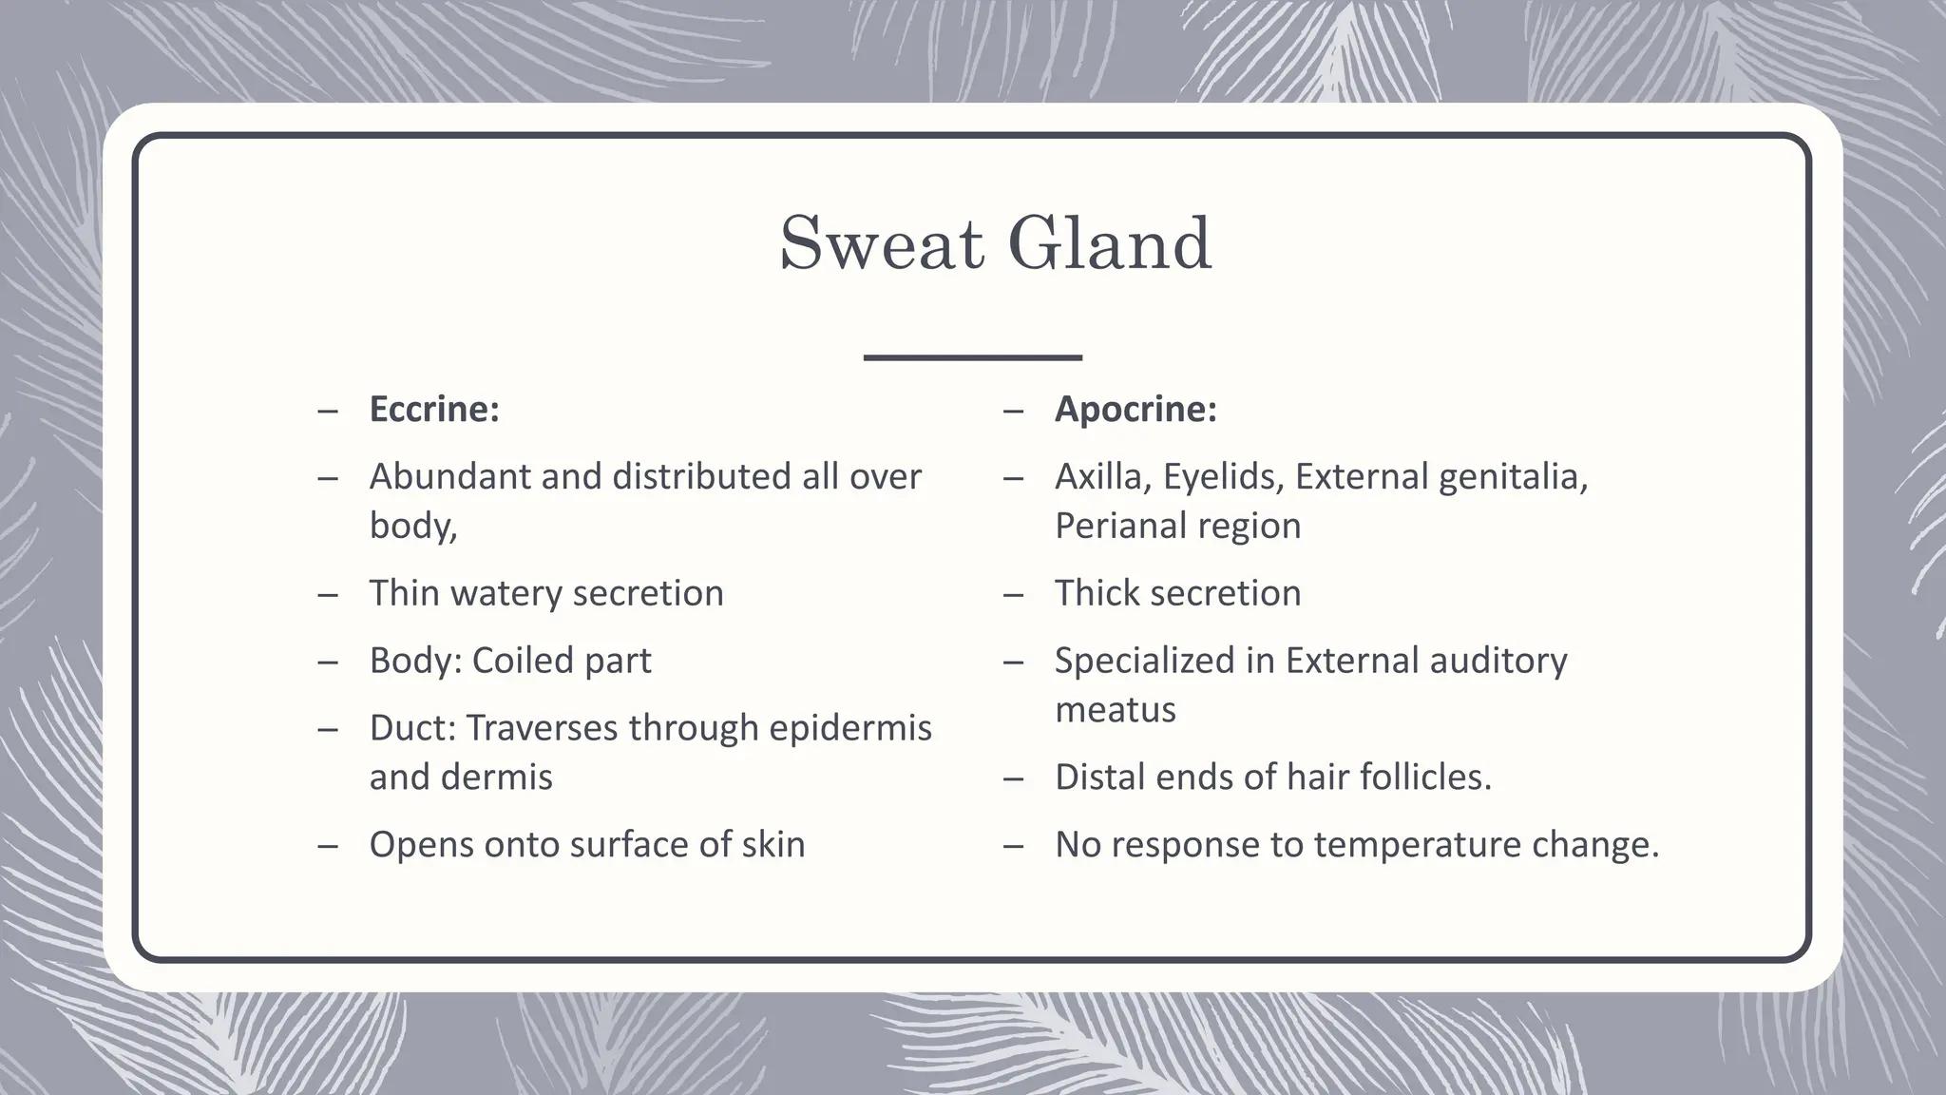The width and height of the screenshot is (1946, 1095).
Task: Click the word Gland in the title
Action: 1109,243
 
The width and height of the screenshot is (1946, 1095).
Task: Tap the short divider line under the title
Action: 972,357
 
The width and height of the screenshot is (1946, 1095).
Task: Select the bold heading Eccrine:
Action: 434,410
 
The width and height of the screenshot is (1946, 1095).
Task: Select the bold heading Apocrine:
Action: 1135,410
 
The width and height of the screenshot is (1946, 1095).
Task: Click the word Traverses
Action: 542,728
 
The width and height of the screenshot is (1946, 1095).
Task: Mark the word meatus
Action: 1115,710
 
